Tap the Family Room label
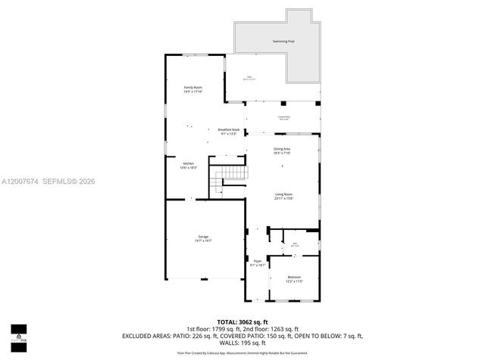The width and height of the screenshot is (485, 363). [x=193, y=88]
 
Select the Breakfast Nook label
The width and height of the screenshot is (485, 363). [x=229, y=129]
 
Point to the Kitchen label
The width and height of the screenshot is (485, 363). [x=188, y=164]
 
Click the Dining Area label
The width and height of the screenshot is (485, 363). [x=282, y=149]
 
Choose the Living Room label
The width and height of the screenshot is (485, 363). [x=283, y=194]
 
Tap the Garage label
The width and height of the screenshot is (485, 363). [x=203, y=237]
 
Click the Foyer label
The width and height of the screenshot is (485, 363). [x=258, y=261]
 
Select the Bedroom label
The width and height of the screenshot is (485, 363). [x=294, y=277]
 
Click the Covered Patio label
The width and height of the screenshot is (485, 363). [x=284, y=116]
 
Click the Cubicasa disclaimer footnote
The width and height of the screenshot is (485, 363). [x=242, y=352]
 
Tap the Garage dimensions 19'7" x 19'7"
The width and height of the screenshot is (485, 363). [x=203, y=240]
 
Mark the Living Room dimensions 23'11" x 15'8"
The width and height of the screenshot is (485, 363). [x=283, y=199]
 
